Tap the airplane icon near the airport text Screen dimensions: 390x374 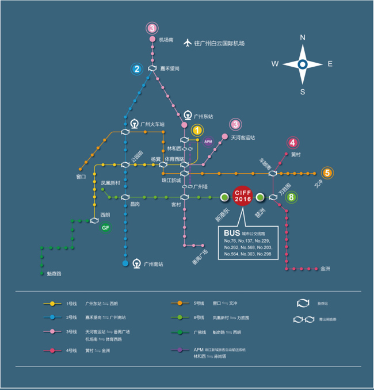186,43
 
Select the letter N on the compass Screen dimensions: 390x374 303,38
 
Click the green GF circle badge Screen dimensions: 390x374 105,228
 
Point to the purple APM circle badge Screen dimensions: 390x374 208,142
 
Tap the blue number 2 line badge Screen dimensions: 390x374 136,70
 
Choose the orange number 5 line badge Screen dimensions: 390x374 327,173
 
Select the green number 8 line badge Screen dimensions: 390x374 292,197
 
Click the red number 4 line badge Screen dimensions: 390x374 293,143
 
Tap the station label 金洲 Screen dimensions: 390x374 326,269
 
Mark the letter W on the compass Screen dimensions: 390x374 275,64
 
